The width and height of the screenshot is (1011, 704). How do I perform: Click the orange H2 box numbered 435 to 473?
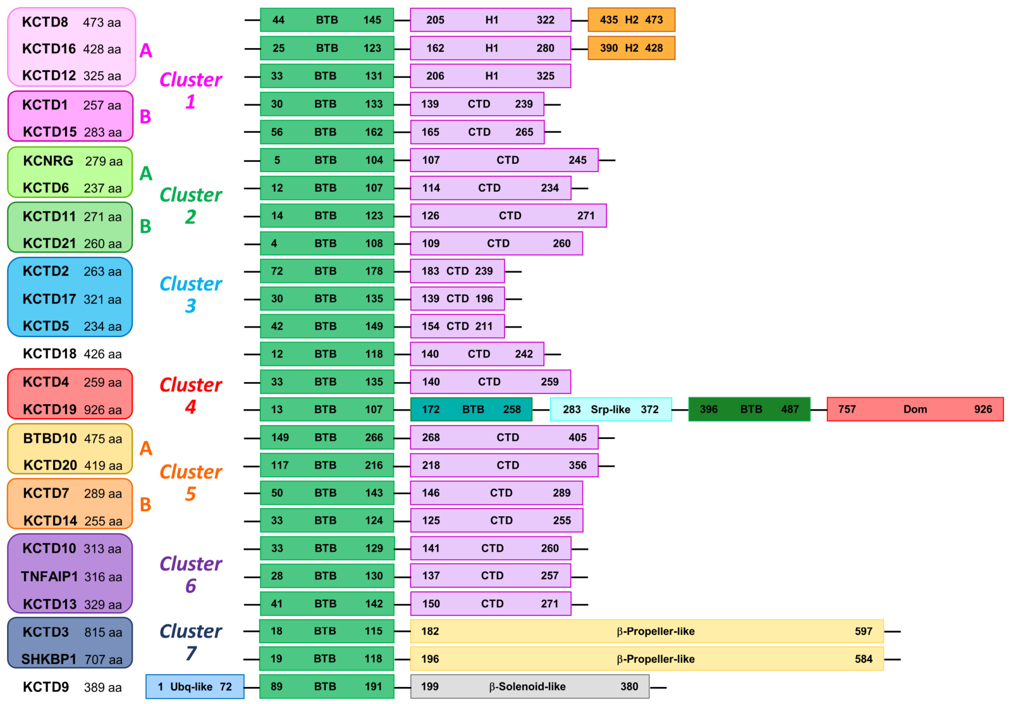[x=631, y=20]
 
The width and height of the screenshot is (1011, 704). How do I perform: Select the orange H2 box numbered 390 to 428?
[x=631, y=48]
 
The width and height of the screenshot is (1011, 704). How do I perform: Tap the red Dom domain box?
[x=915, y=409]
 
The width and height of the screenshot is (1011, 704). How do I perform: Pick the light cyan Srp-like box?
[x=611, y=409]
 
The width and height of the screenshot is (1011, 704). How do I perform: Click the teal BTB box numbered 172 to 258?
[x=471, y=409]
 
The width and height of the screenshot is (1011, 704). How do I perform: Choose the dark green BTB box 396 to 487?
[x=749, y=409]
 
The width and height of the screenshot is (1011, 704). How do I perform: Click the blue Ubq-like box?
[x=195, y=686]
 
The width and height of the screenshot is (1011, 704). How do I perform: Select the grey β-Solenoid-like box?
[x=530, y=686]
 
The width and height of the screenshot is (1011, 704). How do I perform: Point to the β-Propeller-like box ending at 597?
[x=647, y=631]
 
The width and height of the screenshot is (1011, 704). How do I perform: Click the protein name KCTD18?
[x=50, y=354]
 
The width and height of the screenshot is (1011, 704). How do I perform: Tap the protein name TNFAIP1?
[x=49, y=576]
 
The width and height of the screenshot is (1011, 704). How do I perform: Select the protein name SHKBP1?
[x=49, y=659]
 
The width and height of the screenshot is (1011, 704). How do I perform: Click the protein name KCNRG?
[x=48, y=161]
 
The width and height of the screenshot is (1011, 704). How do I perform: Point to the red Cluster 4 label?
[x=190, y=395]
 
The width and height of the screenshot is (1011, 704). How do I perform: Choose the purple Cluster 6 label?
[x=190, y=574]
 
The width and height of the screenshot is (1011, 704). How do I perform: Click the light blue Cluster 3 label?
[x=190, y=294]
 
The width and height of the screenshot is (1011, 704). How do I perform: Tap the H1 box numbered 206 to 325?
[x=491, y=76]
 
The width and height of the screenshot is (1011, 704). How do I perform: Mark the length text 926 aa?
[x=103, y=410]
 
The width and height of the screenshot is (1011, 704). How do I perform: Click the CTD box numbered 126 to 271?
[x=508, y=216]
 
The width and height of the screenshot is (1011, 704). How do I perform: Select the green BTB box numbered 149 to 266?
[x=327, y=437]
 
